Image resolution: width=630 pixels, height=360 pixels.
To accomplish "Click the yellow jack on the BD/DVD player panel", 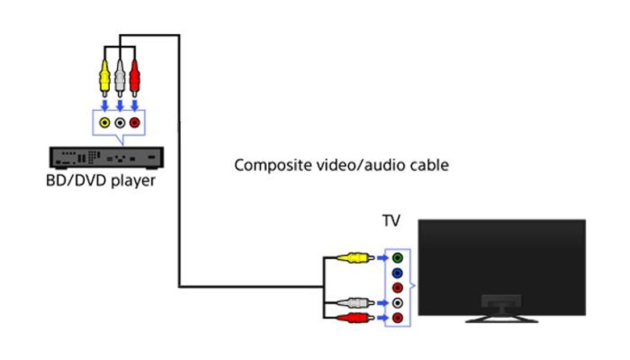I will tap(104, 123).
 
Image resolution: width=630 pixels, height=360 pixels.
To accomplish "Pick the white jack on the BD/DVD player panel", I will tap(120, 123).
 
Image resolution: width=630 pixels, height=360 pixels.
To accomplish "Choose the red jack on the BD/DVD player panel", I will tap(135, 123).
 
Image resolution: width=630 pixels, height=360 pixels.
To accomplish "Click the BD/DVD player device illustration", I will tap(106, 157).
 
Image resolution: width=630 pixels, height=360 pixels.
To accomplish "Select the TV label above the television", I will tap(392, 220).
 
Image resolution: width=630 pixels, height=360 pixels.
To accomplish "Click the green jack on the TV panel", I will tap(397, 258).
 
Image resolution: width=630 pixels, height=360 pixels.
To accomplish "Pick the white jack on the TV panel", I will tap(397, 303).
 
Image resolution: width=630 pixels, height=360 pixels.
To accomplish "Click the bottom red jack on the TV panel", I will tap(397, 318).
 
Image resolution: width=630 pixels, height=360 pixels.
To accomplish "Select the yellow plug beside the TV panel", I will tap(354, 258).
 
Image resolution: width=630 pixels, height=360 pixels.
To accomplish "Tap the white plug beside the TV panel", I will tap(354, 303).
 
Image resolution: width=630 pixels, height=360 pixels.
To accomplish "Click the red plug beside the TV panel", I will tap(354, 318).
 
